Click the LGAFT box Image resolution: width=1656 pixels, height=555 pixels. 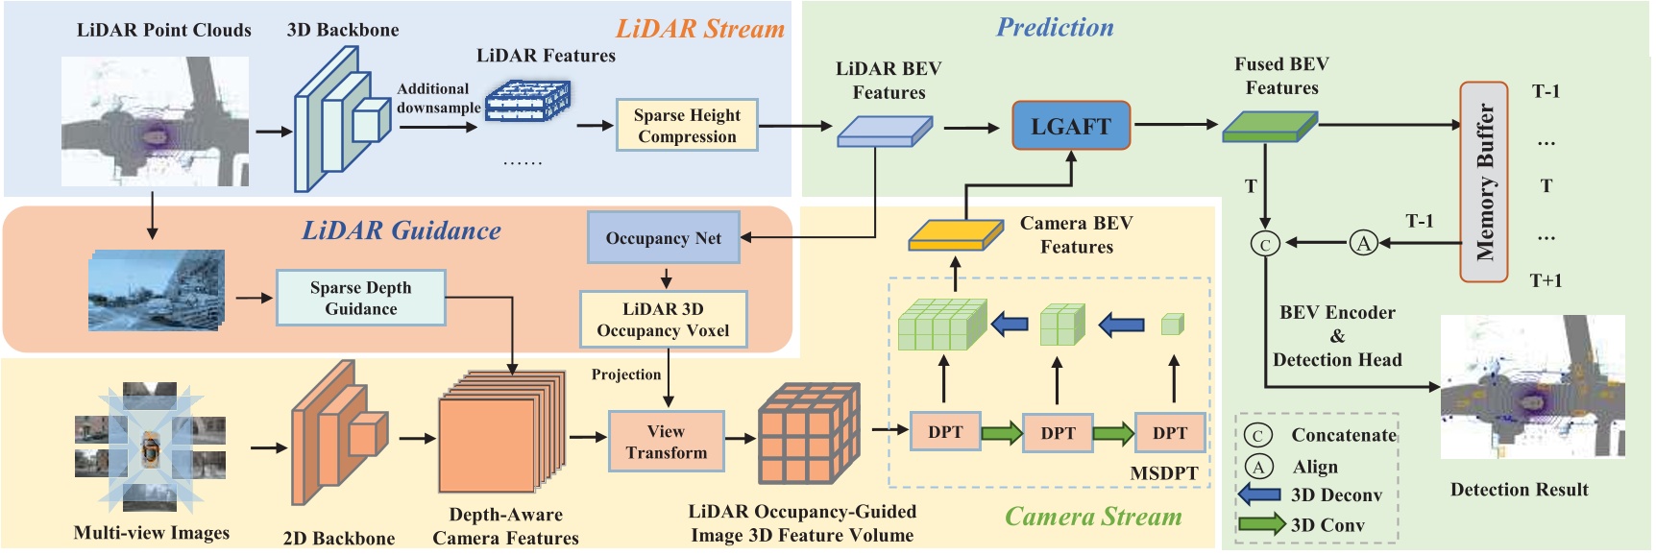pyautogui.click(x=1070, y=126)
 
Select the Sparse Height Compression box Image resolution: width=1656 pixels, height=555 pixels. pyautogui.click(x=686, y=126)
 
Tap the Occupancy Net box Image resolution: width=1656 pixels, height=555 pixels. pyautogui.click(x=663, y=238)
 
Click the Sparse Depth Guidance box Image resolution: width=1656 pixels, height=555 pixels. pyautogui.click(x=360, y=298)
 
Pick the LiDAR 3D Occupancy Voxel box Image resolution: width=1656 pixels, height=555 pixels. pyautogui.click(x=663, y=320)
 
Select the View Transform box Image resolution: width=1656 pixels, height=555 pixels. pyautogui.click(x=666, y=442)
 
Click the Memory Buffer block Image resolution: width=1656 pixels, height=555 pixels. pyautogui.click(x=1484, y=181)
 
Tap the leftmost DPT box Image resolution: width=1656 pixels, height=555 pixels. pyautogui.click(x=944, y=432)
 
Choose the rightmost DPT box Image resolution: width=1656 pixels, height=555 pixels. pyautogui.click(x=1169, y=433)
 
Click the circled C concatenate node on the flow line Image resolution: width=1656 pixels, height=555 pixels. pyautogui.click(x=1265, y=244)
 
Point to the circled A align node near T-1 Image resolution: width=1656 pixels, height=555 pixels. pyautogui.click(x=1363, y=243)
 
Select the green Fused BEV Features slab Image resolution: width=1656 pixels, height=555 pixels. pyautogui.click(x=1268, y=127)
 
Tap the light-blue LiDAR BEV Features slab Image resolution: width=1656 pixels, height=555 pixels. pyautogui.click(x=884, y=132)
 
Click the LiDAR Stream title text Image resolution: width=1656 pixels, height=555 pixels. pyautogui.click(x=699, y=29)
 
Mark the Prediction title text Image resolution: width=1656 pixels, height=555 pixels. pyautogui.click(x=1055, y=28)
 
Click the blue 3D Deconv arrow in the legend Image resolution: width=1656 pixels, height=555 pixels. pyautogui.click(x=1260, y=495)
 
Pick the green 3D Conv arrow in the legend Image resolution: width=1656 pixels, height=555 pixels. pyautogui.click(x=1261, y=524)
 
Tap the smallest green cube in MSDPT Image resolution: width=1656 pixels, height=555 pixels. pyautogui.click(x=1172, y=325)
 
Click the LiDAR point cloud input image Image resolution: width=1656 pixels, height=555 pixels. pyautogui.click(x=155, y=121)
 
